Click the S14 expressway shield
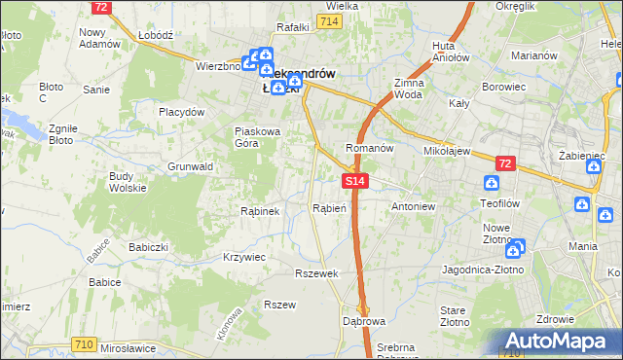354,181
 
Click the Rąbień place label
330,208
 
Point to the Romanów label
369,148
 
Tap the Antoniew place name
412,207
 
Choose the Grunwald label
190,166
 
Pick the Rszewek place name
316,273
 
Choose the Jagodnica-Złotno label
482,269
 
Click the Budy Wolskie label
128,182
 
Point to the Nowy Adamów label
98,38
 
